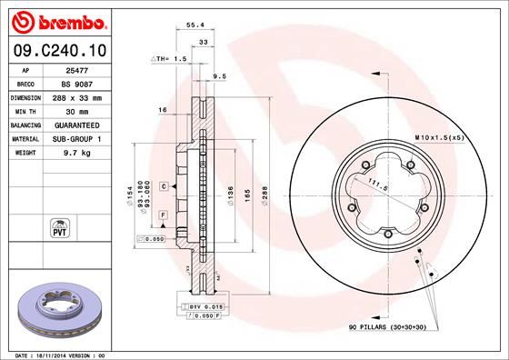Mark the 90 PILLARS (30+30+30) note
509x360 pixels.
(396, 325)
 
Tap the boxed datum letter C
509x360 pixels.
(163, 185)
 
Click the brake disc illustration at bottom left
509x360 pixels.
(57, 305)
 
